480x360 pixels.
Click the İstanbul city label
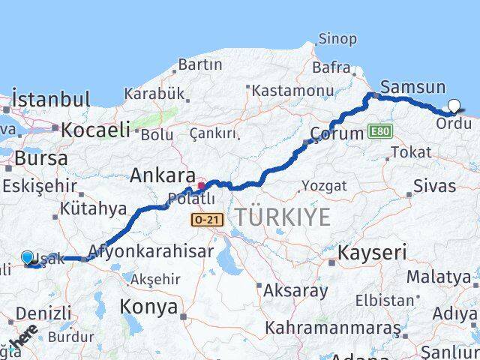(x=51, y=99)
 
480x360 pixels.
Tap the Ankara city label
(x=162, y=175)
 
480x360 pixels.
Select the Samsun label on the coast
(x=412, y=87)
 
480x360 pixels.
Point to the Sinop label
(x=337, y=39)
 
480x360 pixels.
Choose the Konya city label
(x=148, y=307)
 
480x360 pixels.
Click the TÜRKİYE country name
(x=283, y=217)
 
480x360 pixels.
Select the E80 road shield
(x=380, y=132)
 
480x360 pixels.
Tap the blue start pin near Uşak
(x=28, y=258)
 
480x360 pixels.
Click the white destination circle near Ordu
(x=454, y=106)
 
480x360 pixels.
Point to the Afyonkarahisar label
(x=150, y=250)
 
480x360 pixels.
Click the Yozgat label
(x=324, y=185)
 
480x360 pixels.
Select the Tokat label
(x=411, y=152)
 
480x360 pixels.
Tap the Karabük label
(x=154, y=94)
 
